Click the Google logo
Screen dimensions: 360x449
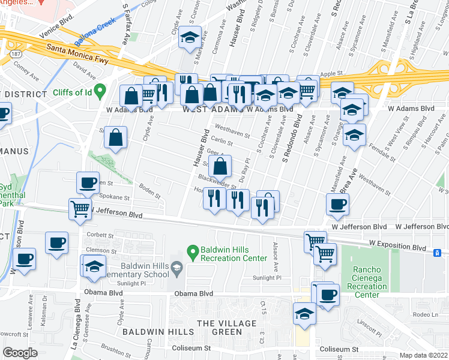21,352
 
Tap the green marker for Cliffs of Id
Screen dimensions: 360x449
101,91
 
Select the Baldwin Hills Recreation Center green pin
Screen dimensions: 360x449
193,251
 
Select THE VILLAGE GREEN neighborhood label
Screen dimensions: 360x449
231,323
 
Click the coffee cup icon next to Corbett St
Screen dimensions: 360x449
57,242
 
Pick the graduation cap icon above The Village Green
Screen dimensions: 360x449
304,313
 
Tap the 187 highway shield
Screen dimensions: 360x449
5,55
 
